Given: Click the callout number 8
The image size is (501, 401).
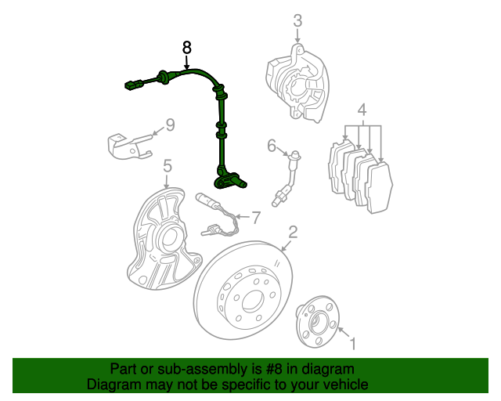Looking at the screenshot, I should [x=186, y=48].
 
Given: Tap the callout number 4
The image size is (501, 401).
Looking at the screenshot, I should [x=362, y=109].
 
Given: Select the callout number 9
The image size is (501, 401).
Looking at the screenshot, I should [x=169, y=125].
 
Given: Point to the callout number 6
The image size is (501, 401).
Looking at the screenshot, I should [x=272, y=145].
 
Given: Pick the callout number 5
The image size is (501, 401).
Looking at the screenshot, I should [x=167, y=165].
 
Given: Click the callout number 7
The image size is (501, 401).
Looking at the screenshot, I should [x=254, y=215].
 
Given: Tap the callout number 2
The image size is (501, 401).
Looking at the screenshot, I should [x=293, y=232].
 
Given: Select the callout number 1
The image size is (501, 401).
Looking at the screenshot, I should [x=352, y=342].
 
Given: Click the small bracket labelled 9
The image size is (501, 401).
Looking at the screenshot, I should [x=128, y=146].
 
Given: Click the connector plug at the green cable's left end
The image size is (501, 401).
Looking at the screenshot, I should [x=132, y=82].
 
